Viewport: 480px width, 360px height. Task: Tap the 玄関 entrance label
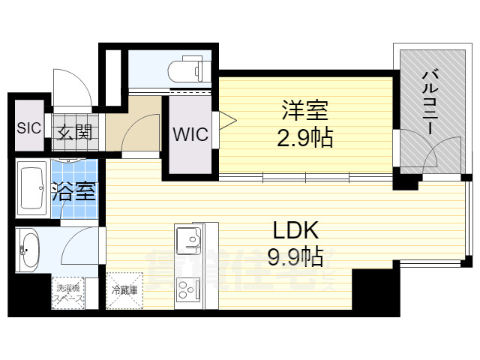[x=73, y=133]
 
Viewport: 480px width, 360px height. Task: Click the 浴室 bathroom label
[x=73, y=190]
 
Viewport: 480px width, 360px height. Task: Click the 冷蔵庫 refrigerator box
[x=124, y=289]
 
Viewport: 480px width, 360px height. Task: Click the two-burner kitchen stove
[x=187, y=289]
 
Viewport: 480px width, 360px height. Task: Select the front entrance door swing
[x=75, y=90]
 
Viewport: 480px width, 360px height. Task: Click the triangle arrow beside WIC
[x=226, y=118]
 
